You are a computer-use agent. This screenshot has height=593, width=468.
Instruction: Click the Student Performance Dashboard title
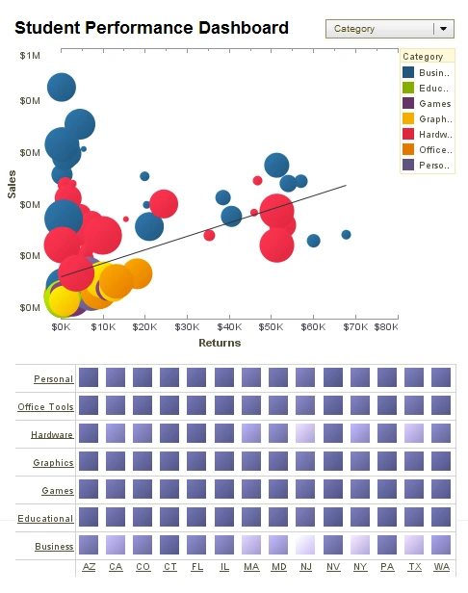click(151, 28)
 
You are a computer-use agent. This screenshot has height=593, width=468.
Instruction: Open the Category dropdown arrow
click(443, 29)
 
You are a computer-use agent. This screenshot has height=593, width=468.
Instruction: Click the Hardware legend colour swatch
click(409, 134)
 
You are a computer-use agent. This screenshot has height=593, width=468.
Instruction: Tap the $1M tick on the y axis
click(30, 56)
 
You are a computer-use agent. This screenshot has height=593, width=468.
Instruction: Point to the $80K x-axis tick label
click(385, 327)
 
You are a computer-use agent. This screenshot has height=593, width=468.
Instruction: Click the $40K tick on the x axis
click(228, 327)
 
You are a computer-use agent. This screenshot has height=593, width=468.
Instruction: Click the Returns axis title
click(220, 343)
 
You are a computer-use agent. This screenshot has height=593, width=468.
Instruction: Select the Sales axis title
click(12, 183)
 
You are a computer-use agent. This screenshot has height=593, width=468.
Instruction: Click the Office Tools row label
click(45, 407)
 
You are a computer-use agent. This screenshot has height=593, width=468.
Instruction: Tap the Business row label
click(54, 547)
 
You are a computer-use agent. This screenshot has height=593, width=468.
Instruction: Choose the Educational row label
click(45, 519)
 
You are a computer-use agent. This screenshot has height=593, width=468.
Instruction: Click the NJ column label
click(305, 567)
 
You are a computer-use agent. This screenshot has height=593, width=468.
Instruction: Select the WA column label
click(441, 567)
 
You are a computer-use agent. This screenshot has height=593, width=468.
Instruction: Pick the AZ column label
click(89, 567)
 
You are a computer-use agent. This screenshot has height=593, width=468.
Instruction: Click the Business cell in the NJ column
click(305, 544)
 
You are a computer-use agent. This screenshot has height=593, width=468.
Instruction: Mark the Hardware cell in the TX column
click(414, 433)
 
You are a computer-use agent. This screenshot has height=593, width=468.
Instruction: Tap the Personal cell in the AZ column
click(89, 377)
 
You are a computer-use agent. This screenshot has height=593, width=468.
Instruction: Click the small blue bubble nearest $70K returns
click(346, 235)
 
